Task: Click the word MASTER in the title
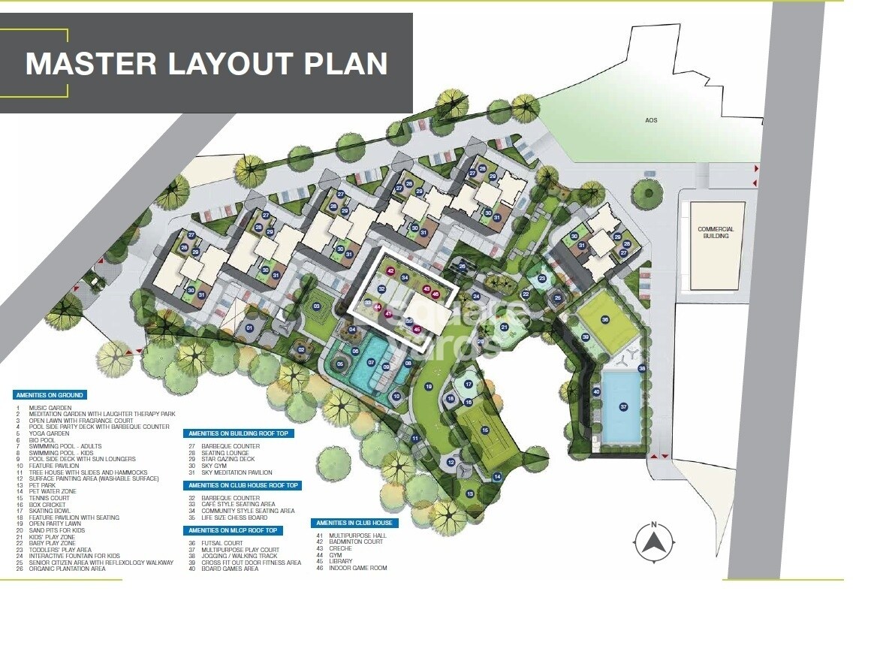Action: point(91,63)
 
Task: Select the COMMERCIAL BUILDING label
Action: point(716,232)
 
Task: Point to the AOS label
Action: point(650,120)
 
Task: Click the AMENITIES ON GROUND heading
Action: point(50,395)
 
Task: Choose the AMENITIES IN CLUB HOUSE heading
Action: point(354,523)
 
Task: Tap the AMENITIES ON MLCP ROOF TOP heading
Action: point(233,530)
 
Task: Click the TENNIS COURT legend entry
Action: point(49,498)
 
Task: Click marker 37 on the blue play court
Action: point(623,406)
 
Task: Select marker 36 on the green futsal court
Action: point(605,319)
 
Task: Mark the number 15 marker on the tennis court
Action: point(485,430)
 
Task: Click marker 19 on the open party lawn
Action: point(429,387)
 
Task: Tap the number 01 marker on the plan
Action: point(250,328)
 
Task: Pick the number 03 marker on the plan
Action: point(317,306)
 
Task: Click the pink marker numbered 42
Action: point(390,270)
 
